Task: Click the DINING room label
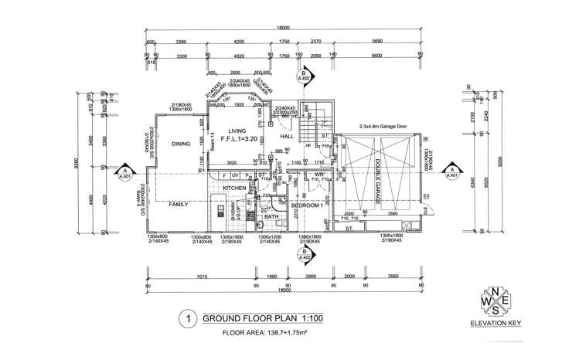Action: pyautogui.click(x=181, y=144)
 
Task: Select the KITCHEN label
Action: pyautogui.click(x=236, y=188)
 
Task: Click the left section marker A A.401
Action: pyautogui.click(x=124, y=174)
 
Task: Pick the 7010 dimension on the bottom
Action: pyautogui.click(x=182, y=277)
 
